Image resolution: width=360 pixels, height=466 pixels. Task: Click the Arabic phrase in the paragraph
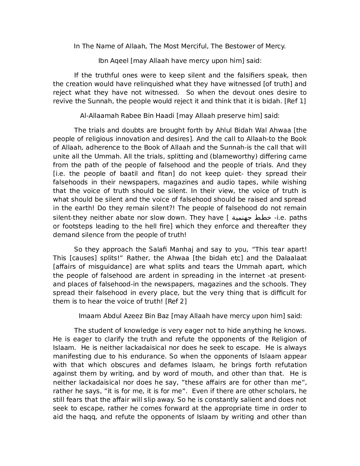tap(251, 218)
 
